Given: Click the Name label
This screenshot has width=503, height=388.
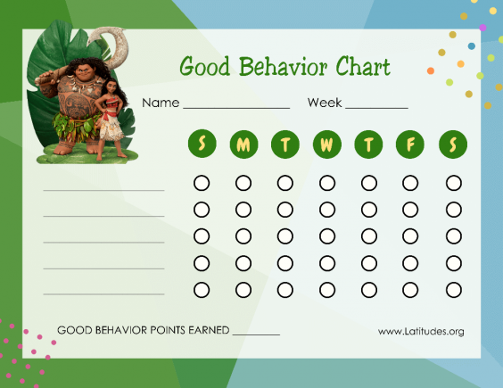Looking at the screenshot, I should click(161, 103).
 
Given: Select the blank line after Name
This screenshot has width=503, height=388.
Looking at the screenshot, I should click(236, 107).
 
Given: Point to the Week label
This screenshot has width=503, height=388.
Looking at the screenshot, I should click(325, 103).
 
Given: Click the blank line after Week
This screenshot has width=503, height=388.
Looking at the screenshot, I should click(376, 107).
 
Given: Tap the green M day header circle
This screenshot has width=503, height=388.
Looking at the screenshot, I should click(243, 144).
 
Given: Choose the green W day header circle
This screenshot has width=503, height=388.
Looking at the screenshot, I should click(327, 144).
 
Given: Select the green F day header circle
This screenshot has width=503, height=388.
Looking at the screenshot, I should click(411, 144).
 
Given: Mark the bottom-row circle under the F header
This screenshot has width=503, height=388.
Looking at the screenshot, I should click(411, 290).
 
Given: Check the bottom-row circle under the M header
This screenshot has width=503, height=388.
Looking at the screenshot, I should click(243, 290).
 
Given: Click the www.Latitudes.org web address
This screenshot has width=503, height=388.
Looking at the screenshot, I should click(421, 331).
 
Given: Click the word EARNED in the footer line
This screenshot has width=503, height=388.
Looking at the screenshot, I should click(206, 330).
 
